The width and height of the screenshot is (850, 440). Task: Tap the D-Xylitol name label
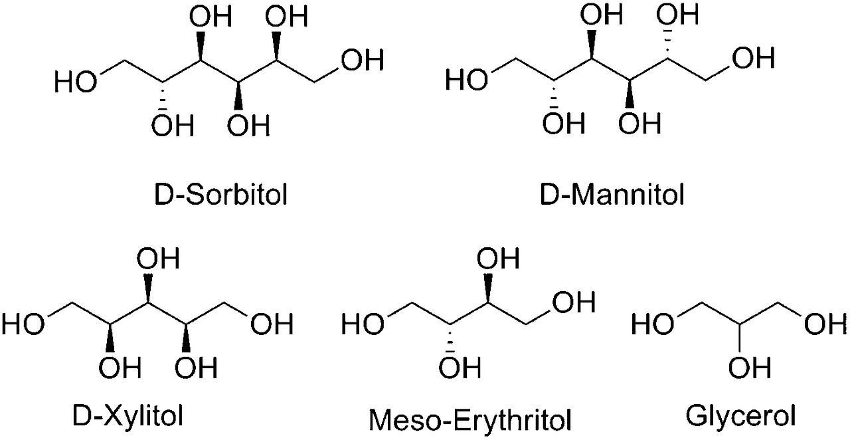point(127,417)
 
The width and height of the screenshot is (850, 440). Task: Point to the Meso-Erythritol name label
point(469,419)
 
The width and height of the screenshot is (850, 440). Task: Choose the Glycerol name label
point(741,417)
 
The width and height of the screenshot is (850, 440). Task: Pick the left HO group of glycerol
point(652,325)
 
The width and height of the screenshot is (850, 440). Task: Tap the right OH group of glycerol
point(826,325)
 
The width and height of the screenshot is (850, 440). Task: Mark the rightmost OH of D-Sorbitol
point(362,60)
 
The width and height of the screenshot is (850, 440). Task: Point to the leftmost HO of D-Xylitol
point(24,325)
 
